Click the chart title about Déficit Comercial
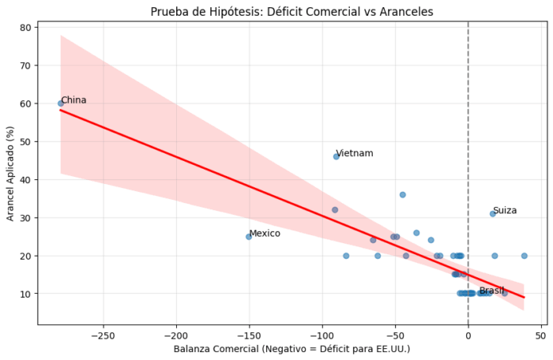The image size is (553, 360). pos(292,12)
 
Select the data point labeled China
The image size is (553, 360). pos(61,103)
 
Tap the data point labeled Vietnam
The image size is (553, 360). pos(336,156)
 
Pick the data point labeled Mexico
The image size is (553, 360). pos(249,237)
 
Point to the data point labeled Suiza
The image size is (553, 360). pos(493,214)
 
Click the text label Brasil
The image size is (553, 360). pos(491,291)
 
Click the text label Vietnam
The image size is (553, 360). pos(355,153)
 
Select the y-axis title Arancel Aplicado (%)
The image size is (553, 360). pos(10,174)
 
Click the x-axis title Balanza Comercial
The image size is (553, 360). pos(292,349)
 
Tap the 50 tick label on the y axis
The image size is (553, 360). pos(26,142)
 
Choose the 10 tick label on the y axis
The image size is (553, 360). pos(26,294)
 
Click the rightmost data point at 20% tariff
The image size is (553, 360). pos(524,256)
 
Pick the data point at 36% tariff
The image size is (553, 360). pos(402,195)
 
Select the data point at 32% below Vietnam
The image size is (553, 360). pos(335,210)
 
